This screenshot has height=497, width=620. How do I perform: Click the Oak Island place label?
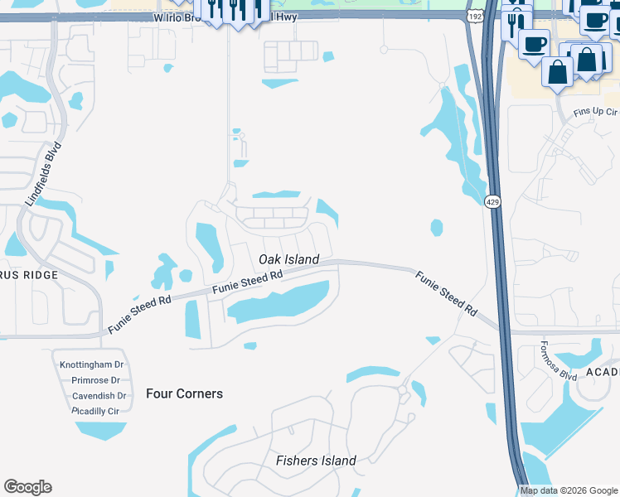pyautogui.click(x=288, y=259)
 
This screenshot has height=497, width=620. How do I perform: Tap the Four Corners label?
pyautogui.click(x=184, y=393)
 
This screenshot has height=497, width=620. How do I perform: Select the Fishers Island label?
pyautogui.click(x=316, y=461)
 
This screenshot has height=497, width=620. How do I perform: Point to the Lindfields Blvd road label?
pyautogui.click(x=44, y=176)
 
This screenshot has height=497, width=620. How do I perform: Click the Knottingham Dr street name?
pyautogui.click(x=91, y=364)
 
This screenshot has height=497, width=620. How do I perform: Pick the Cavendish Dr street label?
pyautogui.click(x=98, y=396)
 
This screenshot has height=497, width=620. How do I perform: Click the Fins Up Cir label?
pyautogui.click(x=595, y=110)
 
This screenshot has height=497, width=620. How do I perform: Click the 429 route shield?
pyautogui.click(x=492, y=201)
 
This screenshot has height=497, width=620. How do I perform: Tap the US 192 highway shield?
pyautogui.click(x=474, y=16)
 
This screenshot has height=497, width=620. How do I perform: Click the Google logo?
pyautogui.click(x=27, y=487)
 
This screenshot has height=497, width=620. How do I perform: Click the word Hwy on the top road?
pyautogui.click(x=286, y=16)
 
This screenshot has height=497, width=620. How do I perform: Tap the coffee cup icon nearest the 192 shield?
pyautogui.click(x=535, y=44)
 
